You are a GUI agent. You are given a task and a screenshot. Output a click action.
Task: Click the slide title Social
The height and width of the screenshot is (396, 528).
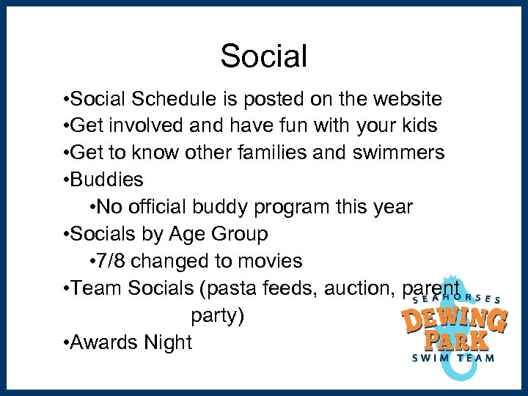point(263,56)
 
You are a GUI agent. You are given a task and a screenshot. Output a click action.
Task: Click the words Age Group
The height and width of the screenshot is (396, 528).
point(218,234)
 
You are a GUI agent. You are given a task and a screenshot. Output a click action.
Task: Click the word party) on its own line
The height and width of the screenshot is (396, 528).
point(218,315)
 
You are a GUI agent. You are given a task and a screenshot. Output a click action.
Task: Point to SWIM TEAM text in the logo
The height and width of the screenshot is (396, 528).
point(452,359)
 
